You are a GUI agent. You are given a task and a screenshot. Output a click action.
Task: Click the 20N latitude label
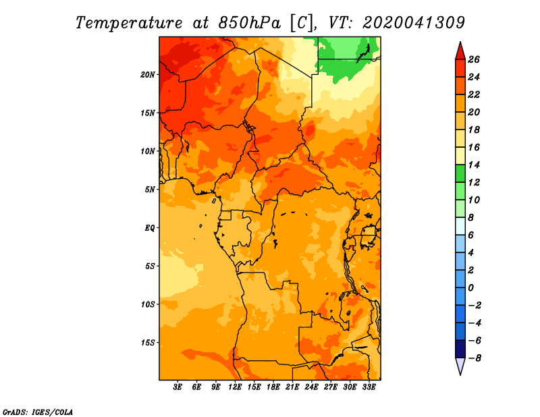pyautogui.click(x=147, y=75)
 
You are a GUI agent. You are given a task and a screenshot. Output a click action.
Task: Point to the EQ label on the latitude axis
pyautogui.click(x=149, y=228)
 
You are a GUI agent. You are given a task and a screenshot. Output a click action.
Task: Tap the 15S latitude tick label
pyautogui.click(x=148, y=343)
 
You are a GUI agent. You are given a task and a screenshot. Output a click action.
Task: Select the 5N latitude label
pyautogui.click(x=150, y=190)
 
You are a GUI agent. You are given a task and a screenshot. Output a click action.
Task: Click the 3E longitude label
pyautogui.click(x=178, y=387)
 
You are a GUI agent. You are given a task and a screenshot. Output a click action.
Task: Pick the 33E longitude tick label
pyautogui.click(x=369, y=387)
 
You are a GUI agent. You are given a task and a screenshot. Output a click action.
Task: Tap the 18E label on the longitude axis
pyautogui.click(x=273, y=387)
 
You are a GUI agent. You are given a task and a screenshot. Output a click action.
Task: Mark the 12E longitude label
pyautogui.click(x=235, y=387)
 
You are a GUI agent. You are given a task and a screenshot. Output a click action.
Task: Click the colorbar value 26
pyautogui.click(x=474, y=59)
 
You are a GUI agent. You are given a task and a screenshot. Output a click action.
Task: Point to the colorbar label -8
pyautogui.click(x=475, y=358)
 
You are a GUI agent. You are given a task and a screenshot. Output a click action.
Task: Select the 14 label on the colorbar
pyautogui.click(x=474, y=165)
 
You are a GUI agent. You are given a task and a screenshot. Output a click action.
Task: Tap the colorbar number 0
pyautogui.click(x=471, y=288)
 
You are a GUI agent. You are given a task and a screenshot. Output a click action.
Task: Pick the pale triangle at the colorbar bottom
pyautogui.click(x=460, y=366)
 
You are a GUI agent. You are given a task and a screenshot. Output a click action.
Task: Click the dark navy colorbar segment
pyautogui.click(x=460, y=349)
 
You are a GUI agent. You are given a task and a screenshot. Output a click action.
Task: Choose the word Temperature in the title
pyautogui.click(x=128, y=23)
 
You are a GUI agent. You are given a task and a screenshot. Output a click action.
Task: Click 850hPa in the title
pyautogui.click(x=249, y=23)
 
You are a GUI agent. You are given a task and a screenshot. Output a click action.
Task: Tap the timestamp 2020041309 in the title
pyautogui.click(x=414, y=23)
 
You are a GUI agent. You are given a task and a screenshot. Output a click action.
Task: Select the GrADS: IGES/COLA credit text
pyautogui.click(x=38, y=412)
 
